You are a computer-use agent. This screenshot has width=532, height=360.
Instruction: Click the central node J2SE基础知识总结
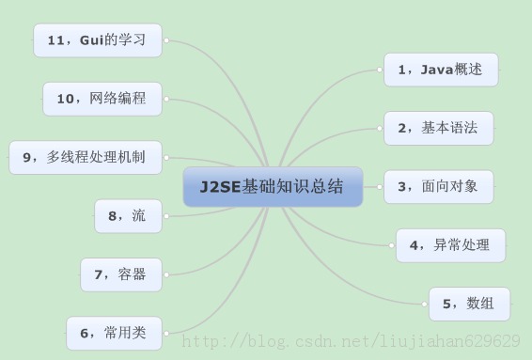point(273,187)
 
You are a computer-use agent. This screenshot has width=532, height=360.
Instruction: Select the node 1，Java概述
point(441,69)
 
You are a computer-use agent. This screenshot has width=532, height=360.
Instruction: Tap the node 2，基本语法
point(439,128)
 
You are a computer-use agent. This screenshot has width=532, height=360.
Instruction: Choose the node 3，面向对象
point(439,186)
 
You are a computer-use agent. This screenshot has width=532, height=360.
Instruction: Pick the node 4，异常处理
point(450,245)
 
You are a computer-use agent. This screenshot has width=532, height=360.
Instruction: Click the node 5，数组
point(469,304)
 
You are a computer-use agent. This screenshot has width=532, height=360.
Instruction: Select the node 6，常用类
point(114,332)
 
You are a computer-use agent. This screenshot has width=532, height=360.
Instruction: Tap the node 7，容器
point(120,274)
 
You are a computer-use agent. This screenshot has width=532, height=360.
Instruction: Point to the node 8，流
point(128,216)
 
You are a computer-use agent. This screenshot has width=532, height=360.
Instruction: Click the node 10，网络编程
point(102,98)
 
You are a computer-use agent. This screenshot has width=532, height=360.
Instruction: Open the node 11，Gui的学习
point(98,40)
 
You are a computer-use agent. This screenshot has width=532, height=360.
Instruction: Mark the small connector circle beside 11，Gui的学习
point(166,40)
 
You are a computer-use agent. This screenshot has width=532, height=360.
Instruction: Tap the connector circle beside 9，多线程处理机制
point(166,157)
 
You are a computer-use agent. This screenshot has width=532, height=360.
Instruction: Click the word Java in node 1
point(437,69)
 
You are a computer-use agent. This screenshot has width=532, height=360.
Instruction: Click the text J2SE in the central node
point(221,187)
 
